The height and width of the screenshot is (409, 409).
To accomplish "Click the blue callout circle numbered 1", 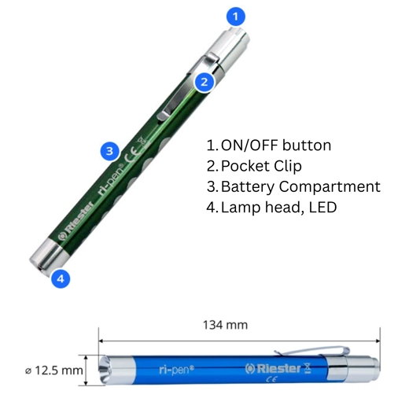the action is click(236, 17).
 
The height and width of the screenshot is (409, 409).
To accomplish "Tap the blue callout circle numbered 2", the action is click(204, 83).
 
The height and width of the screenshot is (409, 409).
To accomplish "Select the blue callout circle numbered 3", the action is click(110, 151).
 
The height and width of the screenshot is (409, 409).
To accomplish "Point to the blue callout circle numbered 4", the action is click(61, 278).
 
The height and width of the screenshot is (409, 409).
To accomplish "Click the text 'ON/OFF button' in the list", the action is click(276, 146).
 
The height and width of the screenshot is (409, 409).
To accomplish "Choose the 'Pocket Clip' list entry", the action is click(261, 166).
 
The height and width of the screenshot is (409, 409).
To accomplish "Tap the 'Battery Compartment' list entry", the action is click(300, 187).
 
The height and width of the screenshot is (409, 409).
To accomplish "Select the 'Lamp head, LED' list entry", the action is click(279, 208).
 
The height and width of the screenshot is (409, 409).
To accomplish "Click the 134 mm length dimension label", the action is click(226, 325).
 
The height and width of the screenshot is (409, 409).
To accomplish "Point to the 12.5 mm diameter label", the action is click(54, 370).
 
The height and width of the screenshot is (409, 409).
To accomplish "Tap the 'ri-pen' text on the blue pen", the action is click(176, 370).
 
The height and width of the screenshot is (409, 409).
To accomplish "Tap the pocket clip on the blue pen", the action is click(312, 352).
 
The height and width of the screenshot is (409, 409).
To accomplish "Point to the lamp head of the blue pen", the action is click(117, 370).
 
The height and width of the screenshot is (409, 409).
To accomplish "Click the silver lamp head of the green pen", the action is click(48, 256).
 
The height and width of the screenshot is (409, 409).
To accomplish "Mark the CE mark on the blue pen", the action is click(271, 379).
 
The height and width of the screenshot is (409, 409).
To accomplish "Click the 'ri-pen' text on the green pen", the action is click(110, 179).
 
